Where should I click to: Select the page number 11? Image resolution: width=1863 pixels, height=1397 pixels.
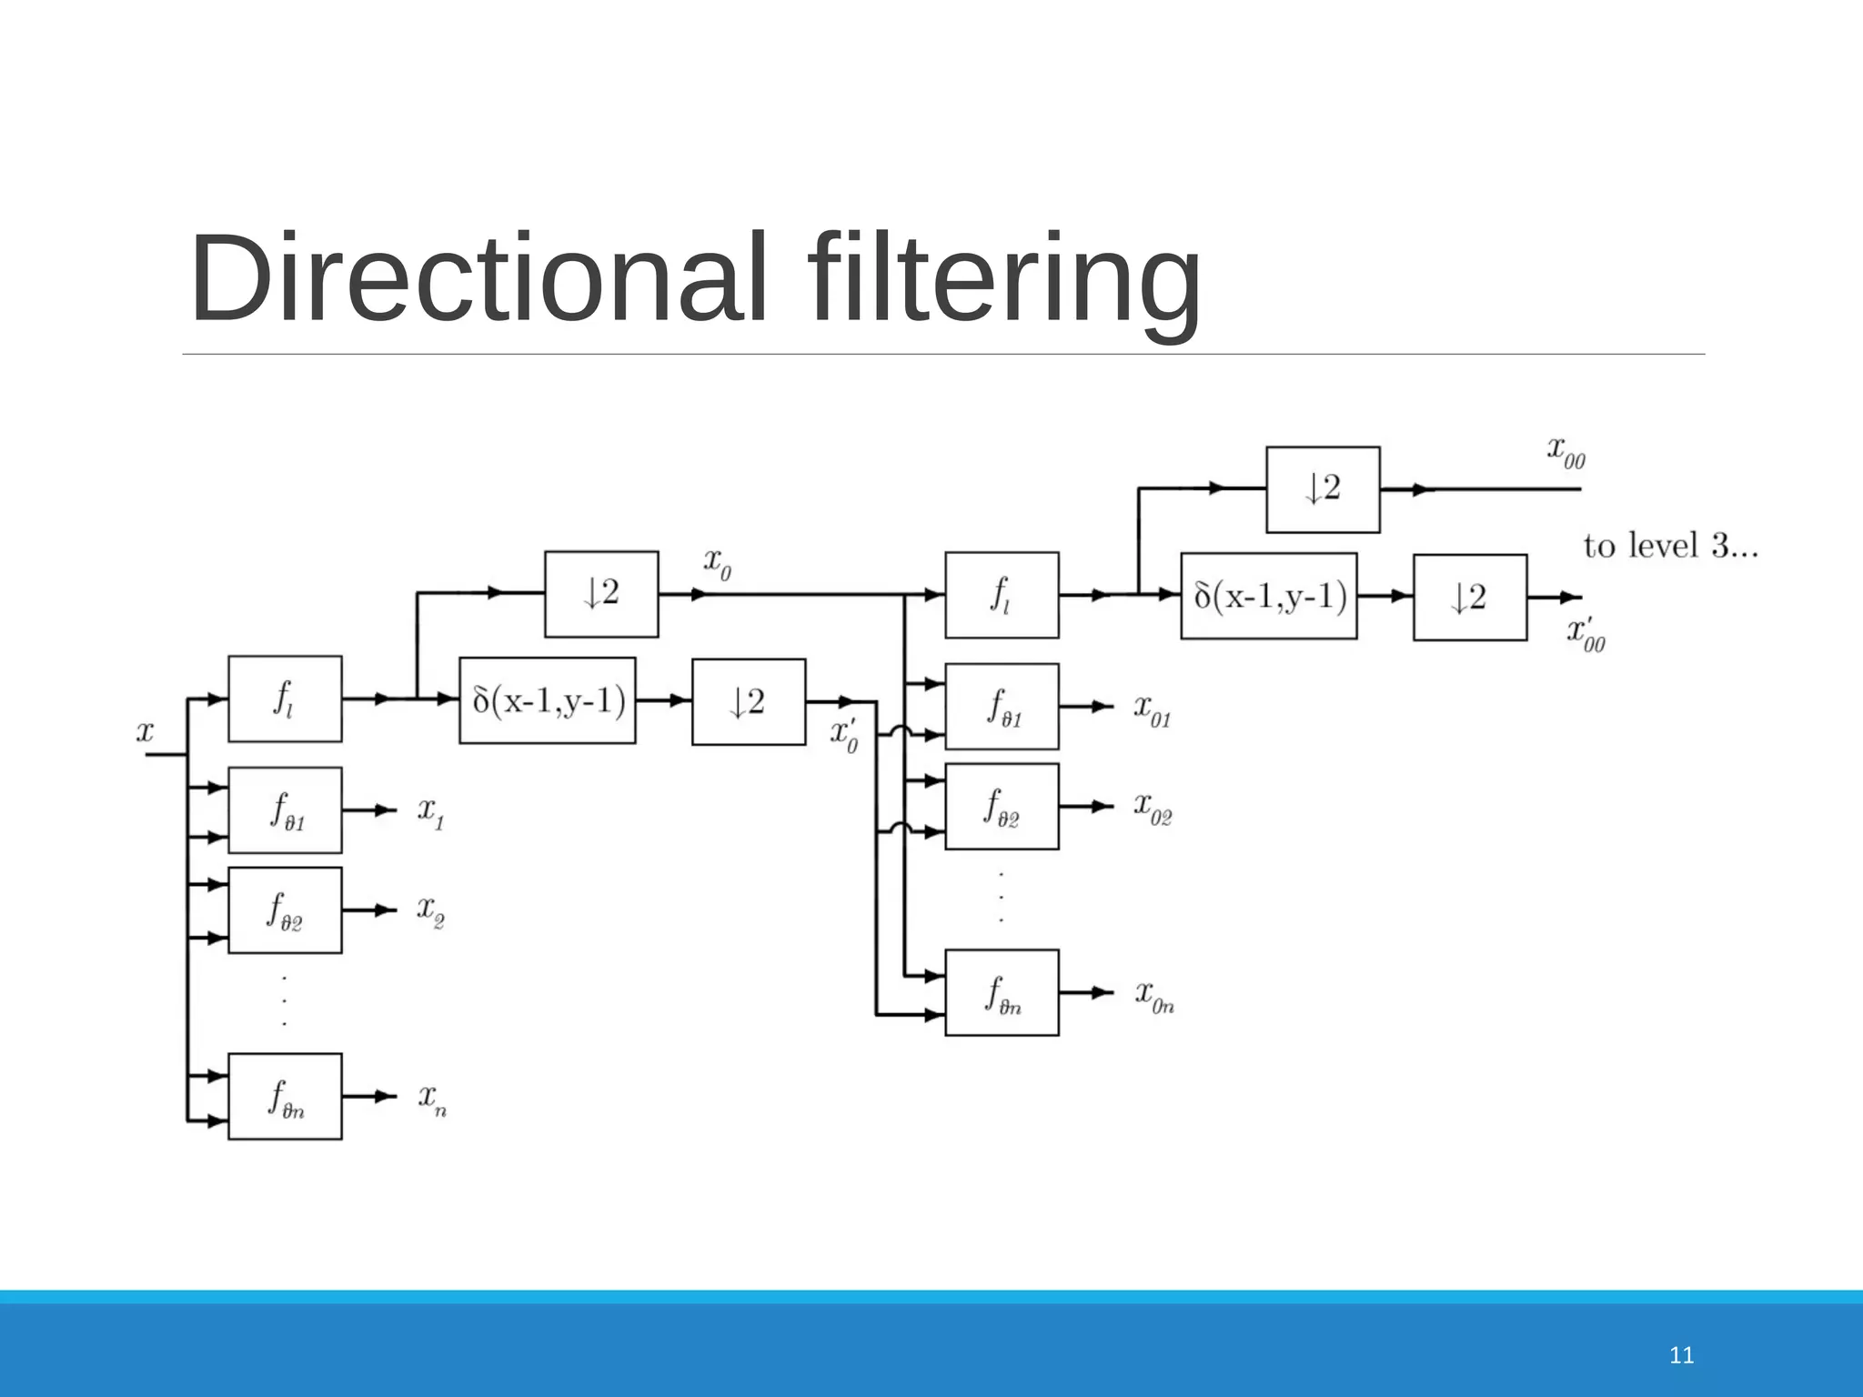point(1682,1356)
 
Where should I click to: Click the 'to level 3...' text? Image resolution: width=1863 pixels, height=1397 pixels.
point(1670,546)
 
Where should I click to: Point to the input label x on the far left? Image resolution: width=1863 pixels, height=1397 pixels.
point(146,731)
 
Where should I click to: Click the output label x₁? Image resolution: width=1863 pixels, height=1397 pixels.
point(430,811)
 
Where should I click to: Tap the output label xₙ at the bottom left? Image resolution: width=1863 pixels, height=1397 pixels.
point(432,1099)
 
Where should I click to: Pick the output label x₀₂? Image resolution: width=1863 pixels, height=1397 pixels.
point(1152,807)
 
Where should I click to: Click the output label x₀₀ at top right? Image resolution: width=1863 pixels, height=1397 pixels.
point(1566,451)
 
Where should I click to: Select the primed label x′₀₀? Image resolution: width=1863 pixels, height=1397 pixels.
point(1586,634)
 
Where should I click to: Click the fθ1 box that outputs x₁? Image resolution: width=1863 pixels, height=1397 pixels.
point(285,809)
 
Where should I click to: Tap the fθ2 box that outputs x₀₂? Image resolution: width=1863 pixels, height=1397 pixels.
point(1002,806)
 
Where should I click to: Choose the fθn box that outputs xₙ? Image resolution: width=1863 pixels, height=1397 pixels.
point(285,1096)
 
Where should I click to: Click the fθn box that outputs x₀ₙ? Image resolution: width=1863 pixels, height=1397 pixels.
point(1002,992)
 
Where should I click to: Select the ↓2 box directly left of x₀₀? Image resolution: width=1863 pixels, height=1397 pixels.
point(1323,489)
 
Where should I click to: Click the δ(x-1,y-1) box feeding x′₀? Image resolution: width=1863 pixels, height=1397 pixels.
point(548,700)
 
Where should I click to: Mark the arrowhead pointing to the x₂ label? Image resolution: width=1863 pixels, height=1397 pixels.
point(386,910)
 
